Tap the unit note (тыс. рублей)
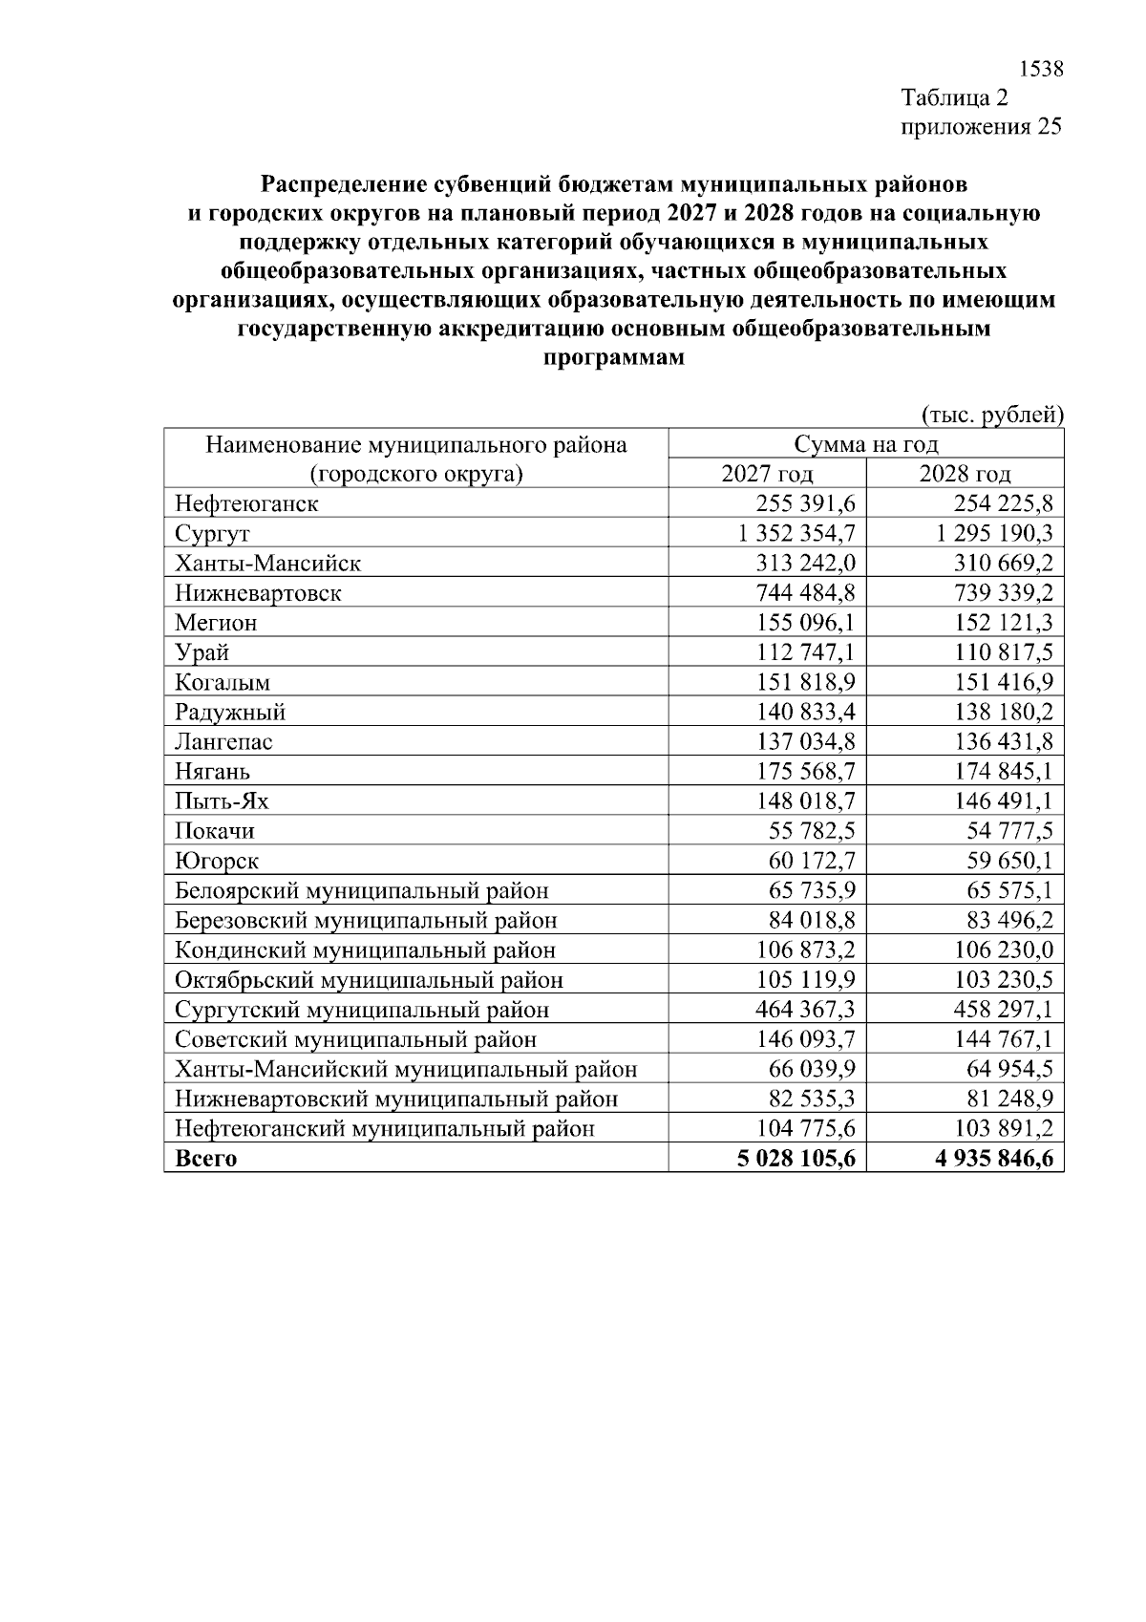(991, 415)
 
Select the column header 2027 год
(767, 474)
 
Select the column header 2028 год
(965, 474)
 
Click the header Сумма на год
(865, 444)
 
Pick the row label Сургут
(212, 534)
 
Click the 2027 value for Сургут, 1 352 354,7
(796, 533)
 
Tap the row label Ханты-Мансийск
(267, 564)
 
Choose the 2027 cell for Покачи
(812, 830)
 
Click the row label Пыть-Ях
(222, 800)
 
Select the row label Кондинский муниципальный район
(365, 950)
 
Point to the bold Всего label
(205, 1159)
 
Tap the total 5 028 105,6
(796, 1159)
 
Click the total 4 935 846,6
(993, 1159)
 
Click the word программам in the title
(613, 359)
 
